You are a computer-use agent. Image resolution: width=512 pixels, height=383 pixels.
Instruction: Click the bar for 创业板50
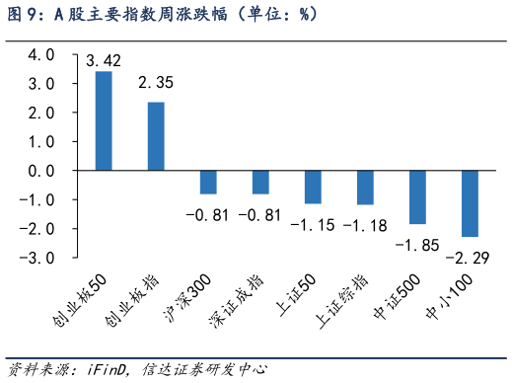pos(104,121)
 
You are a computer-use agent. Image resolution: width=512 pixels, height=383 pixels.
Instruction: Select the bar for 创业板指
pos(156,136)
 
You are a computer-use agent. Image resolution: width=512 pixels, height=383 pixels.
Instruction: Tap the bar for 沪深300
pos(208,183)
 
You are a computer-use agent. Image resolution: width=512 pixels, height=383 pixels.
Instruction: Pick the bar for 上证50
pos(313,188)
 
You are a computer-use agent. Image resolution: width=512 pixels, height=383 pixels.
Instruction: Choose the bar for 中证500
pos(417,197)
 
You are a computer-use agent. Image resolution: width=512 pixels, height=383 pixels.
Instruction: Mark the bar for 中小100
pos(470,203)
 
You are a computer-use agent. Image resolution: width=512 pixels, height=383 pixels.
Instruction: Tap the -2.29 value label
pos(470,259)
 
